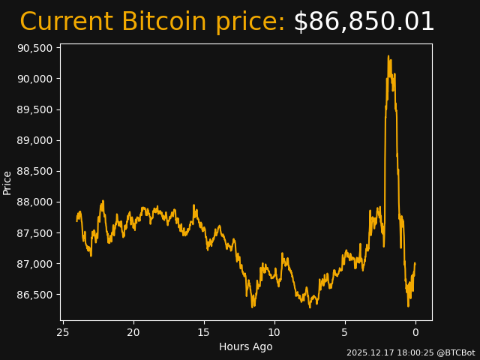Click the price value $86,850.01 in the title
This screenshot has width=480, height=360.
click(364, 22)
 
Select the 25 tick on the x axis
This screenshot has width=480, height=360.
click(63, 332)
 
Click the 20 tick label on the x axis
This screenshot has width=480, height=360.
click(133, 332)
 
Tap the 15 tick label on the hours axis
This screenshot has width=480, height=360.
click(204, 332)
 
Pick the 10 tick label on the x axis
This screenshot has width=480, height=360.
click(274, 332)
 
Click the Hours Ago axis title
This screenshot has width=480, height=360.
click(246, 346)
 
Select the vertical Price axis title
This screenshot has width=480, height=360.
click(7, 182)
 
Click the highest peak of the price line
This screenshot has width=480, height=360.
click(388, 56)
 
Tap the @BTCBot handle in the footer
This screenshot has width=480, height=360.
click(457, 352)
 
